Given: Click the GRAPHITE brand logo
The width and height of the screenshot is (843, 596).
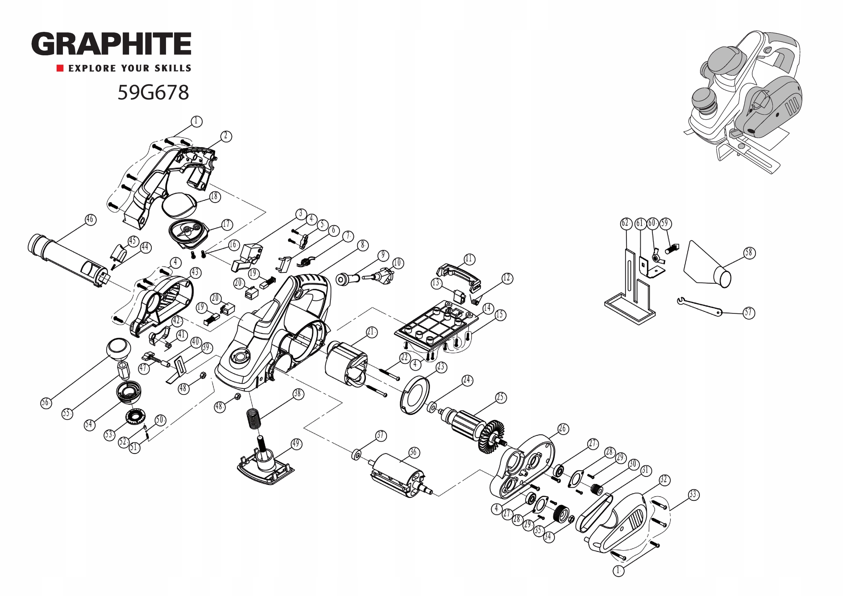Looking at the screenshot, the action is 111,43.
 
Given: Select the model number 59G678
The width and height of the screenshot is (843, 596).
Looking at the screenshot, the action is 153,92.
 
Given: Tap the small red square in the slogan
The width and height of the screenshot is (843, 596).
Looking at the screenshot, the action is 60,68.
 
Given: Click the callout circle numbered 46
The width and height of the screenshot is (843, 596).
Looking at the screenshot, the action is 90,220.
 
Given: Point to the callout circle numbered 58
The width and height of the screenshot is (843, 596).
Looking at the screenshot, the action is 749,253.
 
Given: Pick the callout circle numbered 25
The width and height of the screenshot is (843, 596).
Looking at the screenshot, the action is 501,397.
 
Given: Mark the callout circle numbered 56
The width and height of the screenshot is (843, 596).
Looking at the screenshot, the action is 46,403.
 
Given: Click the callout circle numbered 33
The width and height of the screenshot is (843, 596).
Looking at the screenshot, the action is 693,495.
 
